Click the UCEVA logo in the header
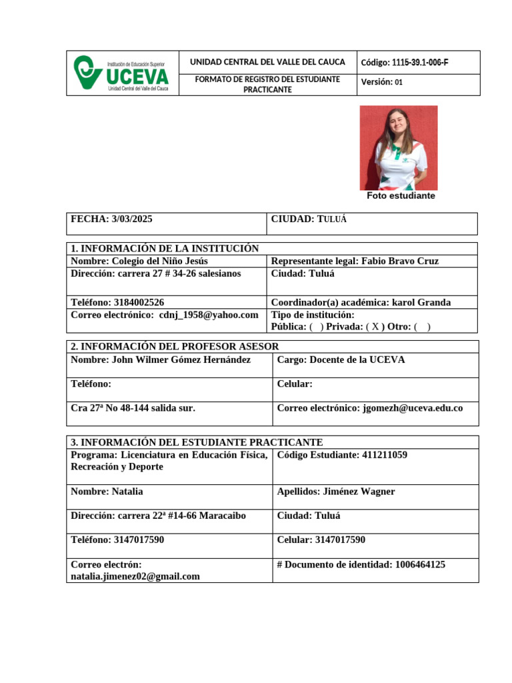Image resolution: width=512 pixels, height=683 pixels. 122,73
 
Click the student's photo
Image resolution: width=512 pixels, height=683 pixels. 399,147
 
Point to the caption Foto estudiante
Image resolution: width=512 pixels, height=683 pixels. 401,196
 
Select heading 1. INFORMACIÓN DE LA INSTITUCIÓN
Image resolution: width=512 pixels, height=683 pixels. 165,248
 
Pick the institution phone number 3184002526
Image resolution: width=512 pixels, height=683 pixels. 139,302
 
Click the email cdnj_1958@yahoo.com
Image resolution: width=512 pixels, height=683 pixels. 209,315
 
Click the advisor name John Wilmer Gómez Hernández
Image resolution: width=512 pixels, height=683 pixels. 179,360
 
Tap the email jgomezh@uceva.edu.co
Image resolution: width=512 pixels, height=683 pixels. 412,408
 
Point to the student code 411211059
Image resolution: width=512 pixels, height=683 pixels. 384,455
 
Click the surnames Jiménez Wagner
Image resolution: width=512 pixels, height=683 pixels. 359,492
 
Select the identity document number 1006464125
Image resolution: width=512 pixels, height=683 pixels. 420,564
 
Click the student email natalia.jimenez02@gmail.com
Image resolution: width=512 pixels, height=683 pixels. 135,576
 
